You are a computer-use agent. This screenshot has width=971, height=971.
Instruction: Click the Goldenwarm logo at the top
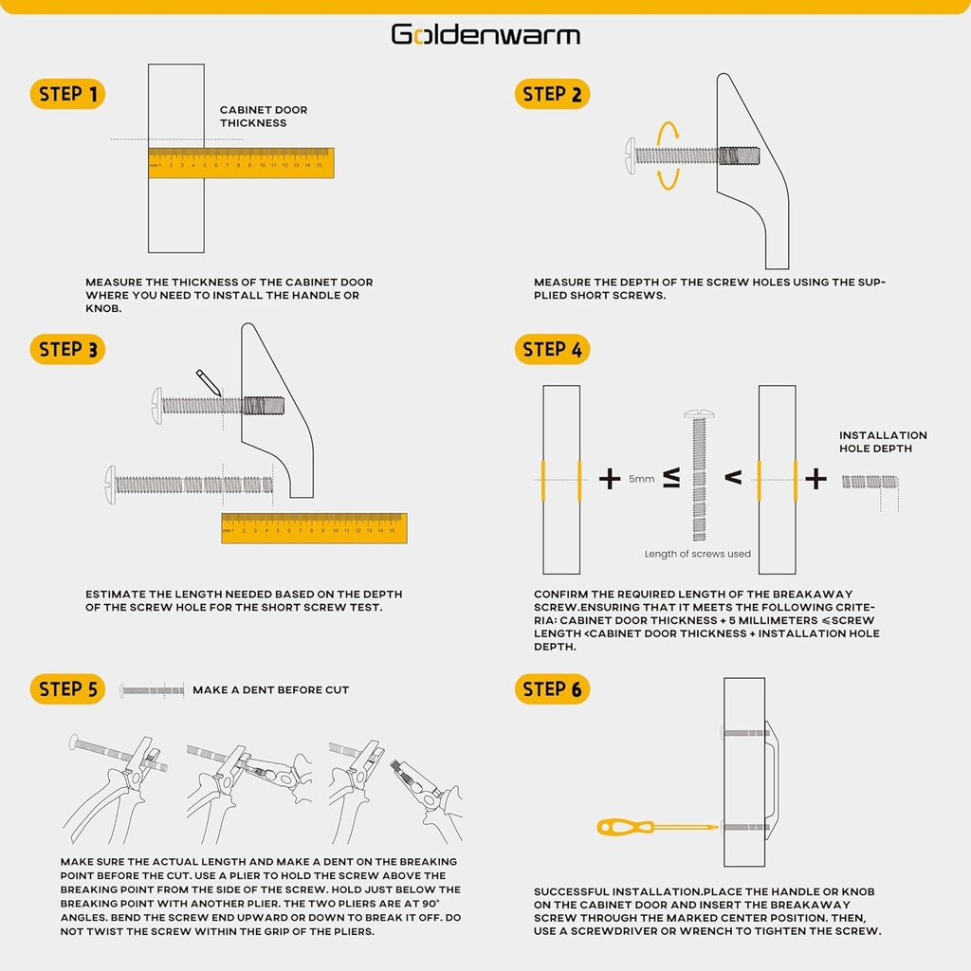click(485, 35)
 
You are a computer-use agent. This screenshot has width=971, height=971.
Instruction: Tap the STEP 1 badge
click(67, 94)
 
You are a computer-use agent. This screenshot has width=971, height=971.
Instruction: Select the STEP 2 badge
click(552, 94)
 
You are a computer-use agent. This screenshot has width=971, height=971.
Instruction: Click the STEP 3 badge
click(67, 349)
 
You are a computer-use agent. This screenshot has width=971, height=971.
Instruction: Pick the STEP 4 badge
click(552, 349)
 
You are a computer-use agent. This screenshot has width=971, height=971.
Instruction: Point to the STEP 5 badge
click(67, 689)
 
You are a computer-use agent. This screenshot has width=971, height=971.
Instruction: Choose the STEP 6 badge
click(552, 689)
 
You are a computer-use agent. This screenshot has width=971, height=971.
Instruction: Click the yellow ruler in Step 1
click(241, 163)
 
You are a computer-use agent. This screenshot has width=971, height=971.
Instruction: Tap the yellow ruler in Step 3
click(314, 528)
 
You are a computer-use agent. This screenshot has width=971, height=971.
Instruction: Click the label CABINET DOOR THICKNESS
click(264, 117)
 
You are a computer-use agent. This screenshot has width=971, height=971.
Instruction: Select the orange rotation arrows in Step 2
click(669, 156)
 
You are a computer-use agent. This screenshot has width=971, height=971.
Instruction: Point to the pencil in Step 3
click(208, 381)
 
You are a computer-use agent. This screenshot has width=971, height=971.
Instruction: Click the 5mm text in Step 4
click(641, 480)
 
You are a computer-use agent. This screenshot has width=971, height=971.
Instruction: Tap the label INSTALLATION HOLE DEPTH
click(883, 442)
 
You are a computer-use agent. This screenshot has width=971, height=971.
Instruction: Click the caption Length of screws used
click(697, 554)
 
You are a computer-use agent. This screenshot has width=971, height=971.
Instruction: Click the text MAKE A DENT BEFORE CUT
click(270, 690)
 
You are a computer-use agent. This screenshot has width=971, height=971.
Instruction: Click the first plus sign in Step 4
click(609, 479)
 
